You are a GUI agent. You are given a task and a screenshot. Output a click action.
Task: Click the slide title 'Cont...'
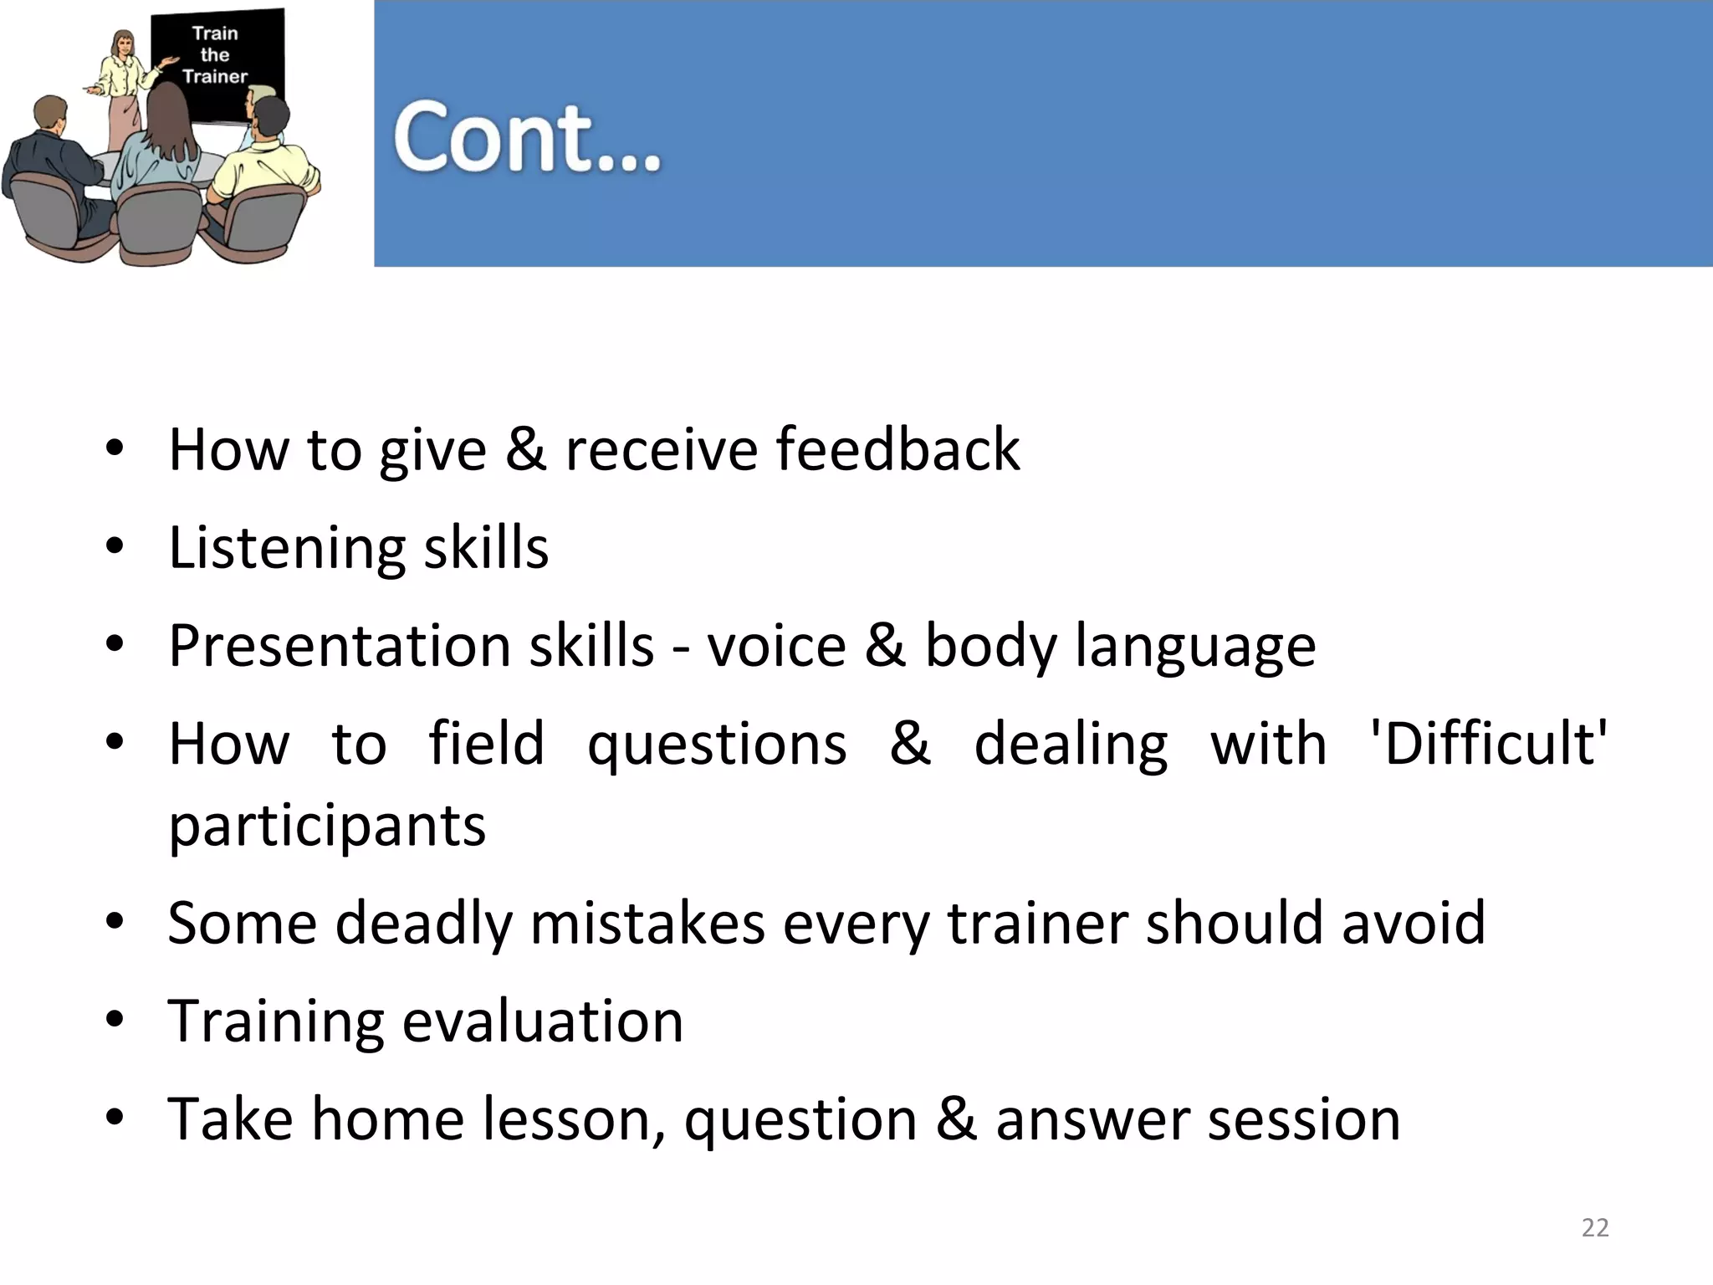(x=527, y=138)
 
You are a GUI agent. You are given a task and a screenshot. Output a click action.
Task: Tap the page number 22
(x=1595, y=1227)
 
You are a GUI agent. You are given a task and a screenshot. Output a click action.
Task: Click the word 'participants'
(x=327, y=827)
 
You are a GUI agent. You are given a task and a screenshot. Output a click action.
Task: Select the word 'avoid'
(x=1414, y=923)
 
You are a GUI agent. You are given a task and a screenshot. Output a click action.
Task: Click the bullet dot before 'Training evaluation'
(x=115, y=1021)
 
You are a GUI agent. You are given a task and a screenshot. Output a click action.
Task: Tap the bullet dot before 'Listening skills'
(x=115, y=547)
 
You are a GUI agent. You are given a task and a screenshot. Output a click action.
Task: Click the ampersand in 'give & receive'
(x=525, y=449)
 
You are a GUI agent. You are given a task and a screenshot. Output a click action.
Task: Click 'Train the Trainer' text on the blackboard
(x=215, y=55)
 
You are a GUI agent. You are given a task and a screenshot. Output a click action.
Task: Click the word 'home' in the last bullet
(x=387, y=1119)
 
